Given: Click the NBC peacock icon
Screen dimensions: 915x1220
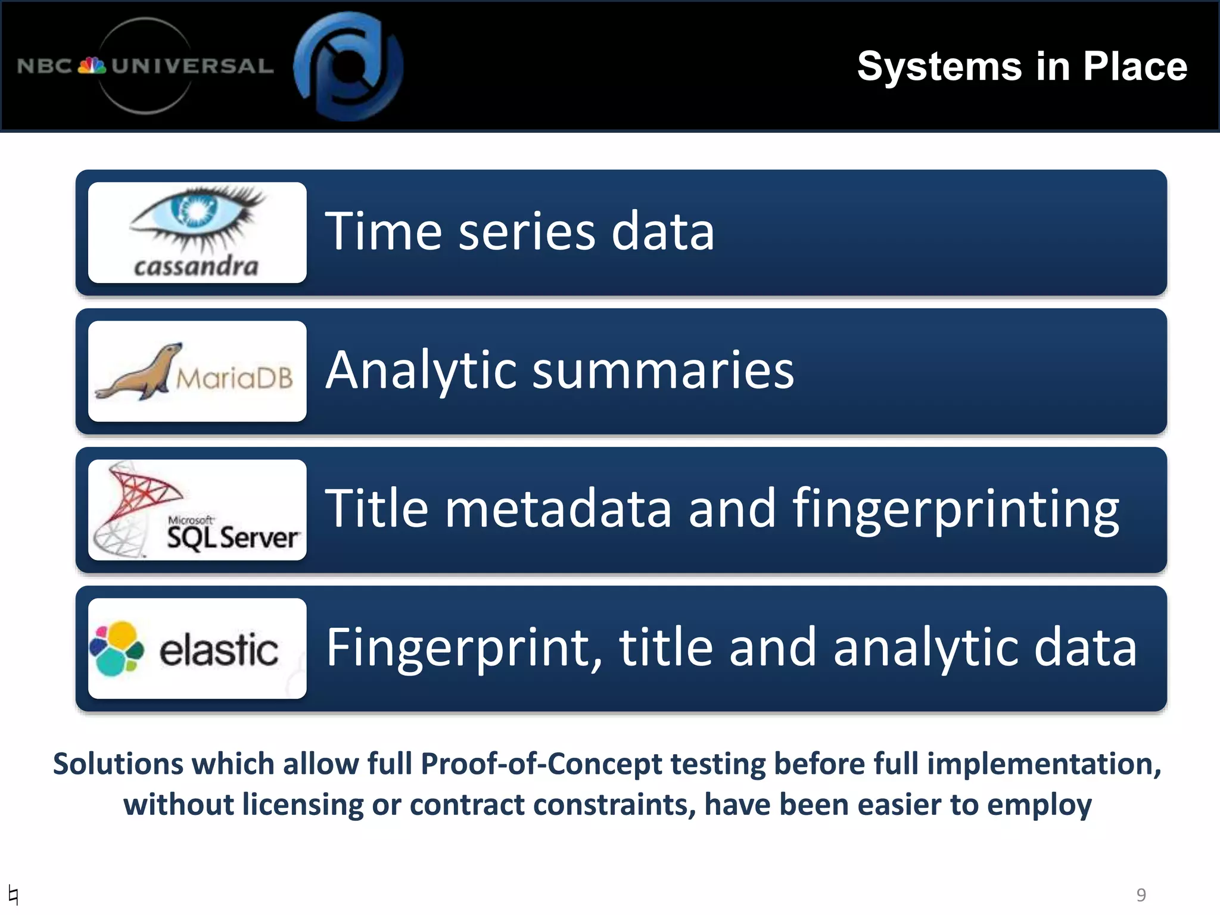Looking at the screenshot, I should [x=92, y=66].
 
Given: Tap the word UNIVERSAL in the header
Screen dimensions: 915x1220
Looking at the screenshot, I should [x=192, y=66].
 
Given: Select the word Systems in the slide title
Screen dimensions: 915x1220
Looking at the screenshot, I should [x=939, y=67].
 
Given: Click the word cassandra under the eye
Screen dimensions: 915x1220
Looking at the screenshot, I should [x=196, y=266].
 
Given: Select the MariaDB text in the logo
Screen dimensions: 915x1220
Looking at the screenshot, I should [x=235, y=378].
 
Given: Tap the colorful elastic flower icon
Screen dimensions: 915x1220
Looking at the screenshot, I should [x=117, y=649].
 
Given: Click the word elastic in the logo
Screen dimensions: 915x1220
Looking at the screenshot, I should [x=218, y=649].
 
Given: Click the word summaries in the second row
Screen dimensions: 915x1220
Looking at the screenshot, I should [x=662, y=371].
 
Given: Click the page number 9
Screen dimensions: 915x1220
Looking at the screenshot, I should [x=1141, y=894].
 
